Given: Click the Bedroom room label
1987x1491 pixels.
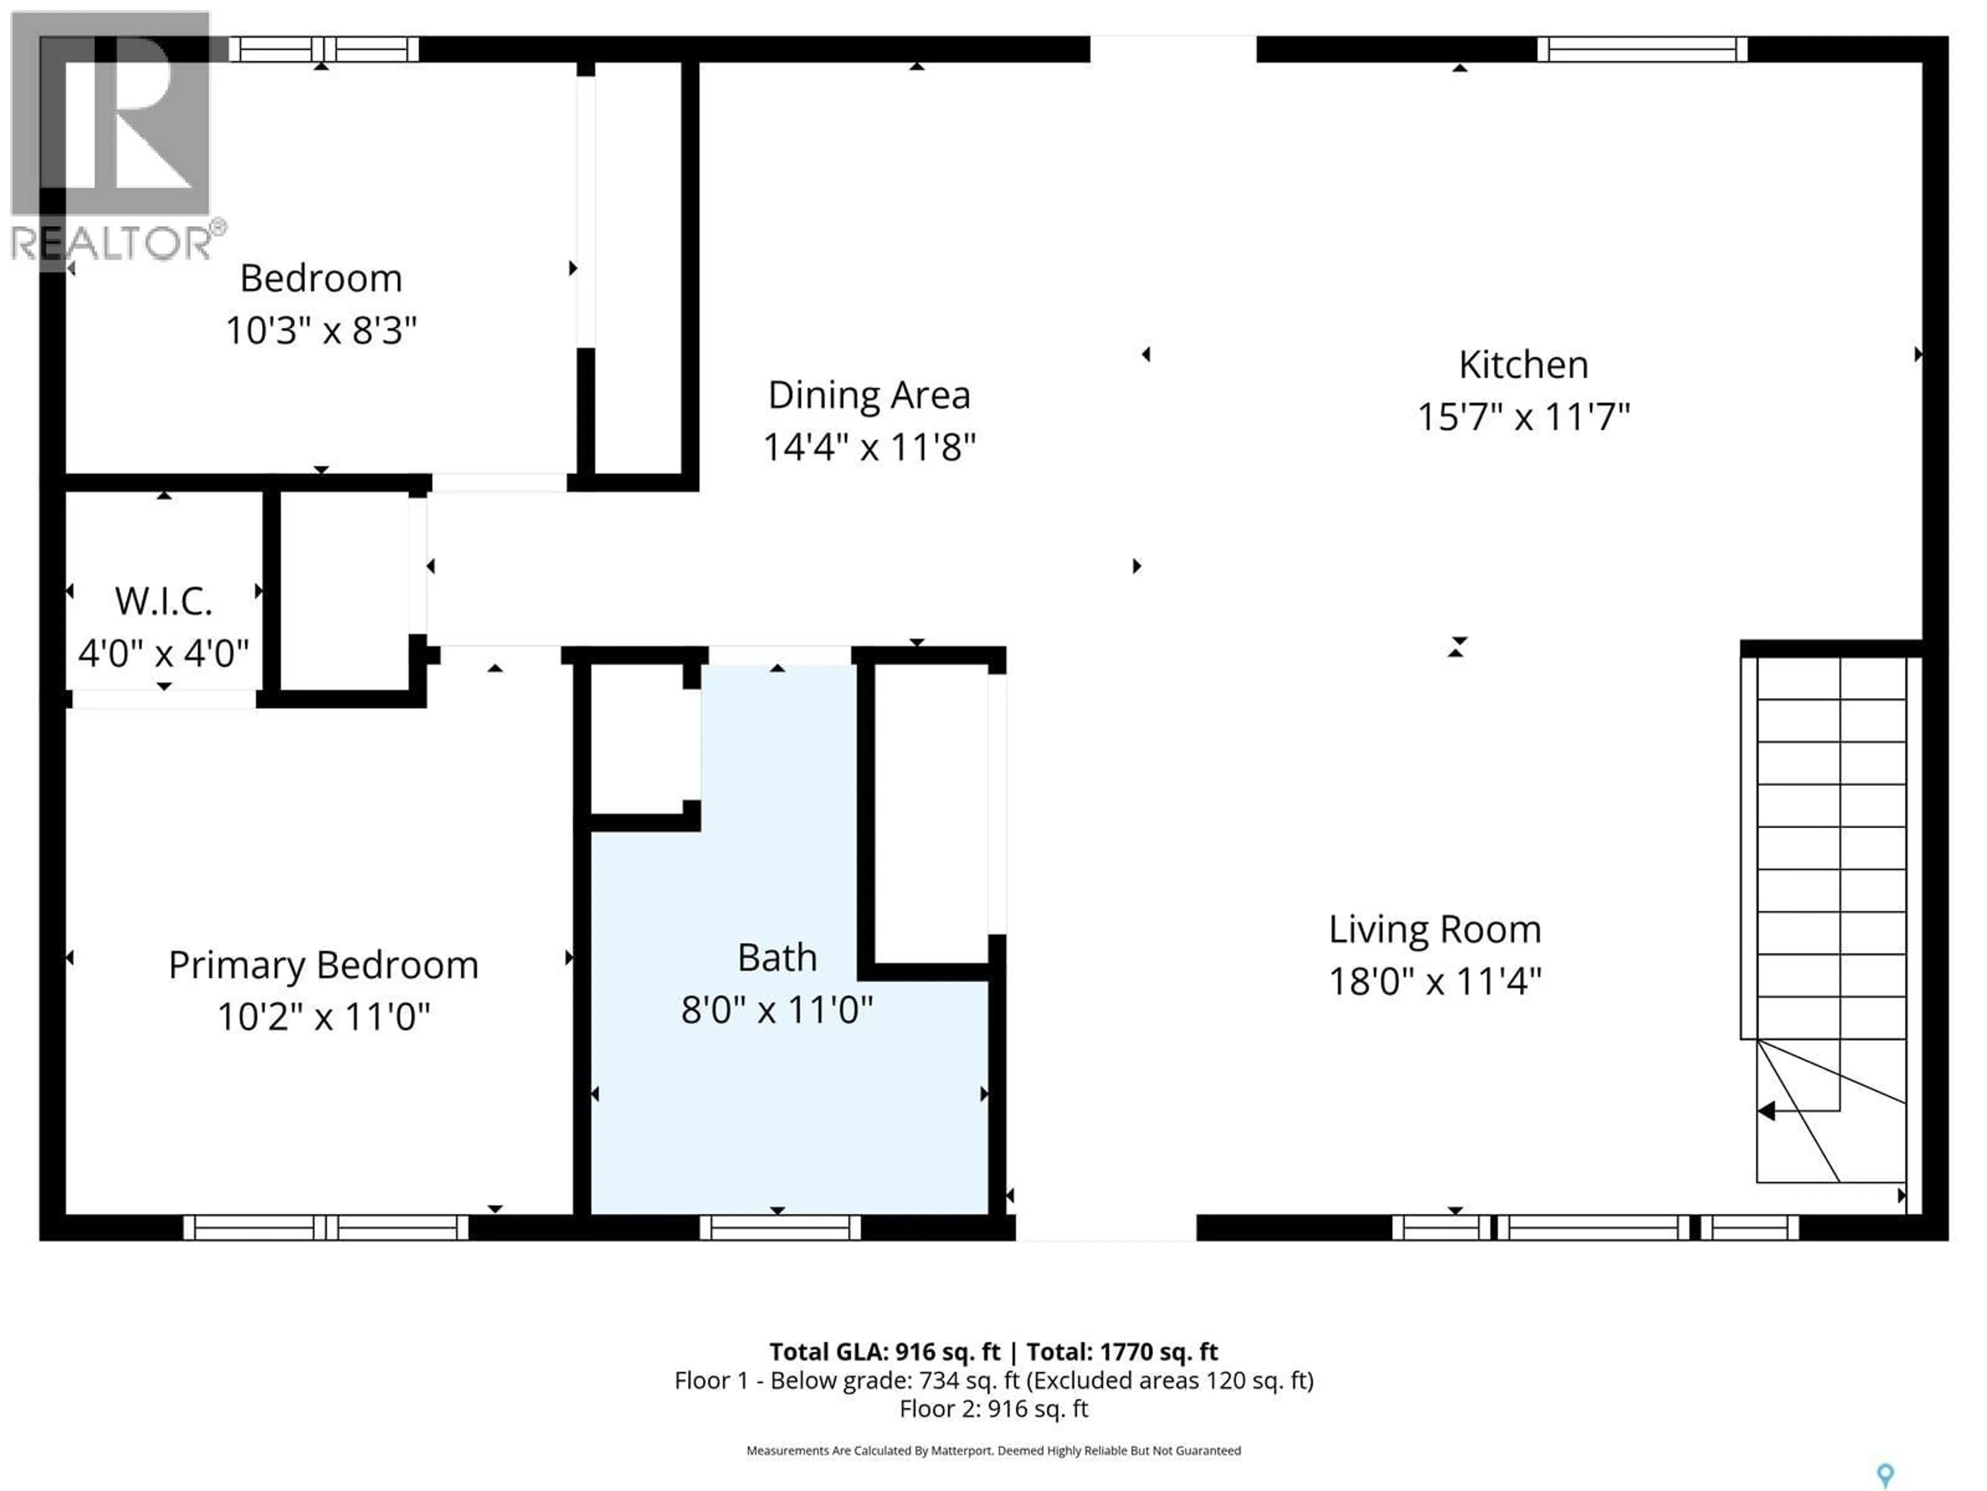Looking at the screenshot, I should [321, 279].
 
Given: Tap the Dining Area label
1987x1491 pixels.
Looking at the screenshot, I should [869, 396].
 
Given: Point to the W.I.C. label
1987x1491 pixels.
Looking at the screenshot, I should [164, 601].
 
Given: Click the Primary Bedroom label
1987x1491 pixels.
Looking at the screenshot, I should [323, 965].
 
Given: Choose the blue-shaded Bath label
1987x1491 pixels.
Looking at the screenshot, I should [777, 958].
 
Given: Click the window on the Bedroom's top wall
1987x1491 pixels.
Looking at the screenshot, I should [323, 49].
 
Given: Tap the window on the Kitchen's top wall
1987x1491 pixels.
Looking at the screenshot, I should [1641, 49].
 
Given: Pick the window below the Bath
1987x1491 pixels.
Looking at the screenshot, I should [780, 1227].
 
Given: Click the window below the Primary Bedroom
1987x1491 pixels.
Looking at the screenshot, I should [325, 1227].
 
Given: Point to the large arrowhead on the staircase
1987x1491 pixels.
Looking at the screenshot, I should [1766, 1112].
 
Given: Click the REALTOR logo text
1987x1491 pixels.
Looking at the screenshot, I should [112, 243].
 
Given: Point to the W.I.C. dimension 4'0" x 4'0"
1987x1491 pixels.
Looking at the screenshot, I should [164, 653].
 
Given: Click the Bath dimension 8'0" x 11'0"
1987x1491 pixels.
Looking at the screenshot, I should [777, 1010].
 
